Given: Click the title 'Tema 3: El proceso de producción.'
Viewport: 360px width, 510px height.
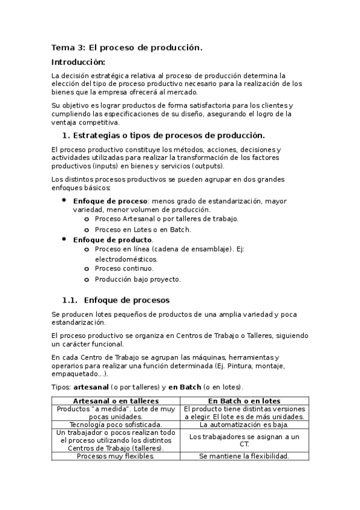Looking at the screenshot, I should coord(127,48).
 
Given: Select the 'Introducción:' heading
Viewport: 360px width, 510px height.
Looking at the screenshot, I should coord(78,62).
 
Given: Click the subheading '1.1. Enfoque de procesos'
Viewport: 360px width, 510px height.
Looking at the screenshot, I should coord(116,300).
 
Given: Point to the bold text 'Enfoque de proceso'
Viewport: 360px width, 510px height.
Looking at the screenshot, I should coord(110,201).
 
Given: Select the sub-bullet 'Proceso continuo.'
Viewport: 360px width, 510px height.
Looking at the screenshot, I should coord(124,268).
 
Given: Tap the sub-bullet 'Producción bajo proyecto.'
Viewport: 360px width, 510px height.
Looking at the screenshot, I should coord(138,278).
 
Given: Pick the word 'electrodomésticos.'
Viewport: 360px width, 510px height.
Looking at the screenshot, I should coord(126,259).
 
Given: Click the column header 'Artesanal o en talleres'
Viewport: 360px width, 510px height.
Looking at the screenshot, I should coord(116,401).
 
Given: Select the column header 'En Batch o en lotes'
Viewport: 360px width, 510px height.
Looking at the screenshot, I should coord(245,401).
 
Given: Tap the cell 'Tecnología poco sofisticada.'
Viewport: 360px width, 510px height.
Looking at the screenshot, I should coord(116,425).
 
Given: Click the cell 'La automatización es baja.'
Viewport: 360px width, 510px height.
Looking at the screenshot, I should coord(245,425).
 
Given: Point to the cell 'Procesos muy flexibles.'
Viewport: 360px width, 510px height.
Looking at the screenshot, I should coord(116,456).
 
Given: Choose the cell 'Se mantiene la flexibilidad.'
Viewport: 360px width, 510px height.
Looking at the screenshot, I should coord(245,456).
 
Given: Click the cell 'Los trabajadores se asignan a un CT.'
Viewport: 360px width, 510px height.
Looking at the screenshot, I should coord(245,440).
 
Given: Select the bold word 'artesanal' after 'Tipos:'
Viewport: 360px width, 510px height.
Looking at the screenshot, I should coord(90,387).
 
